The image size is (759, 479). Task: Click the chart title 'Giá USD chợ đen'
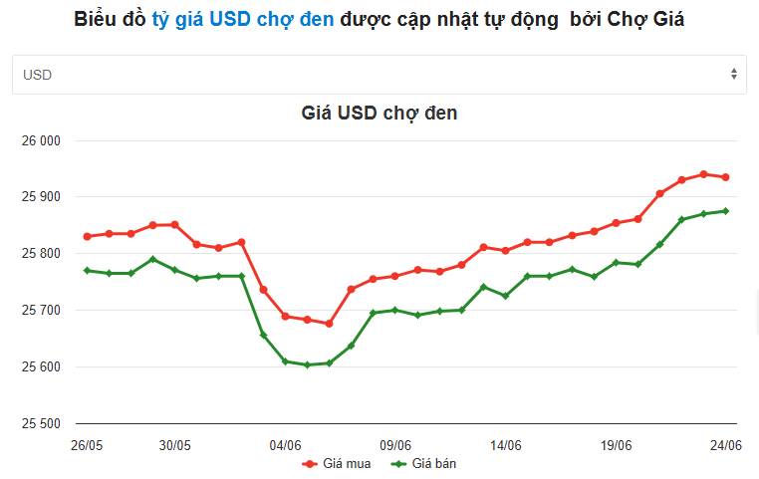click(379, 114)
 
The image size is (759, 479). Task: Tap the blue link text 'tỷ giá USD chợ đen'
click(243, 19)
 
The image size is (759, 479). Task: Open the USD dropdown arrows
click(734, 74)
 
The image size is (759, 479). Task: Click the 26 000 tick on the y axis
click(41, 140)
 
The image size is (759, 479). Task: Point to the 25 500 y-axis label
click(41, 423)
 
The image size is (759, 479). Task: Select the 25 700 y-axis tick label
click(41, 310)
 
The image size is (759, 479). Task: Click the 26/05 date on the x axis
click(87, 445)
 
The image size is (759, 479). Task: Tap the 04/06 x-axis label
click(285, 445)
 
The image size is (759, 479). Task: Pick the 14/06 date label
click(506, 445)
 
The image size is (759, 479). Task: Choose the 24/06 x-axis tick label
click(725, 445)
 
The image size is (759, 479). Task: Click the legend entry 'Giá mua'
click(337, 463)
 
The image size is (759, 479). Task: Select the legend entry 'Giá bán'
click(423, 463)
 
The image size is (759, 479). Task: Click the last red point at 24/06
click(725, 177)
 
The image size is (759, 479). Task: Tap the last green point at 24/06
click(725, 211)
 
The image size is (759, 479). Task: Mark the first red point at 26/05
click(87, 237)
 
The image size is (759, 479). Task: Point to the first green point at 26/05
click(87, 271)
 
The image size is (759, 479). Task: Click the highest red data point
click(703, 174)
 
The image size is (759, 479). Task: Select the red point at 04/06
click(285, 317)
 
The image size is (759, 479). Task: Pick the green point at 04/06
click(285, 361)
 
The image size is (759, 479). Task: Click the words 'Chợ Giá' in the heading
click(645, 19)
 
